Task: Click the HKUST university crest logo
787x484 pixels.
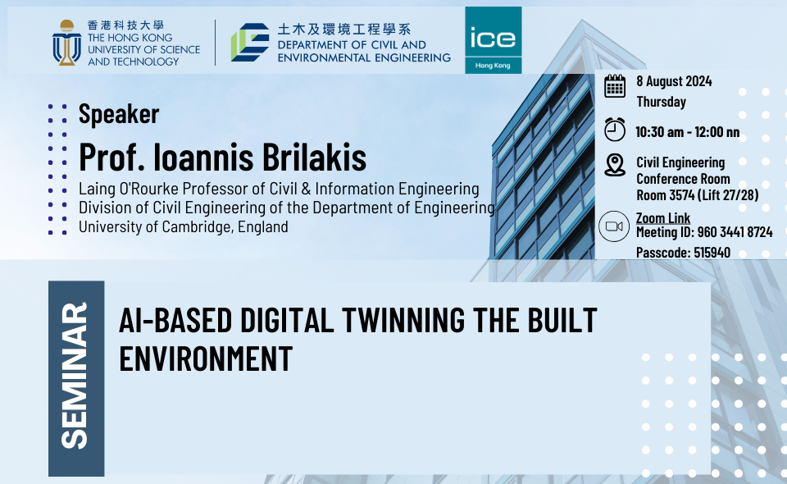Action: click(x=66, y=43)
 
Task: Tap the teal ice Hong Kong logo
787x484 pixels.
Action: click(x=493, y=40)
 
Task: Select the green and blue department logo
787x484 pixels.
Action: click(x=250, y=42)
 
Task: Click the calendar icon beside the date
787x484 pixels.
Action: click(x=614, y=86)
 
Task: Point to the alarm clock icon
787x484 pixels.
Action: click(x=614, y=130)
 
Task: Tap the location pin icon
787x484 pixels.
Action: click(x=614, y=165)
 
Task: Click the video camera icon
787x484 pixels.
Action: click(x=614, y=226)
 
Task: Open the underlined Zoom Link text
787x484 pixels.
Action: click(x=663, y=218)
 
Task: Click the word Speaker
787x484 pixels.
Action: click(x=119, y=114)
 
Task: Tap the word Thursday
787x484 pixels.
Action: click(x=661, y=102)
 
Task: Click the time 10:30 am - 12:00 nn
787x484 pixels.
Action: click(x=688, y=132)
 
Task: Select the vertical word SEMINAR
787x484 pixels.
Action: click(x=75, y=375)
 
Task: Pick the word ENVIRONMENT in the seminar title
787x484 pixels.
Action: click(x=206, y=358)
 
